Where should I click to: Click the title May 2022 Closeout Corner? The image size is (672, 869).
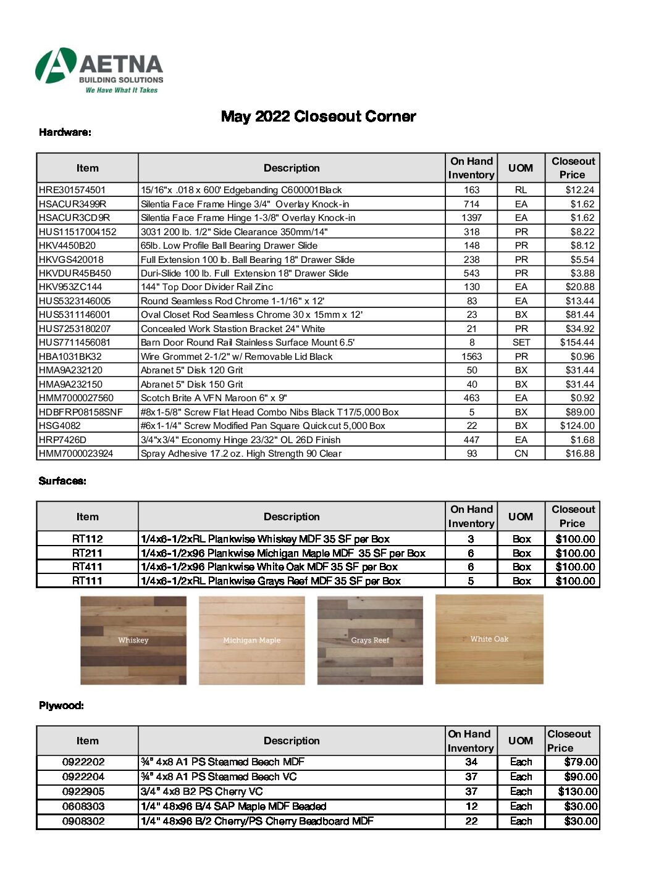click(318, 117)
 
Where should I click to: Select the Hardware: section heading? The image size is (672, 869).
click(65, 132)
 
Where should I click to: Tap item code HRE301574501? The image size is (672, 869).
click(72, 190)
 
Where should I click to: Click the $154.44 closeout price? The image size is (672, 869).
click(577, 343)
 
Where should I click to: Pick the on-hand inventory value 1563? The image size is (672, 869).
click(471, 357)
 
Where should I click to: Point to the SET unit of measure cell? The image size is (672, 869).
click(521, 343)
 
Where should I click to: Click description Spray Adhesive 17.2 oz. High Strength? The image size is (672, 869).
click(241, 454)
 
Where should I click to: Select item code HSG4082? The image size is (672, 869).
click(60, 426)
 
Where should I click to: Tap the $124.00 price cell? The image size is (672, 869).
click(577, 426)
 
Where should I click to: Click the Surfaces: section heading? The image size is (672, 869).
click(62, 481)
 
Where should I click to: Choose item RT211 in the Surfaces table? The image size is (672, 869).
click(87, 553)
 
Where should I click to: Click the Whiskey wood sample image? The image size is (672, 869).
click(133, 640)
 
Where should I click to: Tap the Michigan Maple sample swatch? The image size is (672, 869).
click(251, 640)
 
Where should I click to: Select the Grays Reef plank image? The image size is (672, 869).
click(370, 640)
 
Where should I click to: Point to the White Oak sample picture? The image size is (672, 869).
click(489, 639)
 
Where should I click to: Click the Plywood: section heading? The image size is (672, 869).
click(61, 705)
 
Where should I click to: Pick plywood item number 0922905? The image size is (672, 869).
click(83, 792)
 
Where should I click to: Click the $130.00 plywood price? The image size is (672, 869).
click(577, 792)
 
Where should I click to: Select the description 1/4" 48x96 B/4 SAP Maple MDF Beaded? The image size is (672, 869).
click(233, 807)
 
